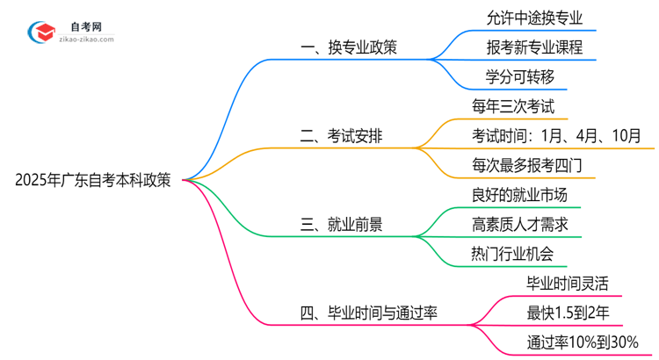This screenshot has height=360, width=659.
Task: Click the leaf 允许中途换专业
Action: point(533,17)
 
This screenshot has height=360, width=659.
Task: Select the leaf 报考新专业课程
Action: point(533,47)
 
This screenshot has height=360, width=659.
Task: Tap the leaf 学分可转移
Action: point(519,76)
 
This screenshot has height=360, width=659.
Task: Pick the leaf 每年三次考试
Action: point(512,106)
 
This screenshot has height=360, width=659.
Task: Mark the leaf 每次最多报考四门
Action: point(526,165)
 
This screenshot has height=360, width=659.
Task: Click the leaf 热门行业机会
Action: point(512,255)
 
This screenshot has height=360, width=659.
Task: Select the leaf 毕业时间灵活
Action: point(567,284)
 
